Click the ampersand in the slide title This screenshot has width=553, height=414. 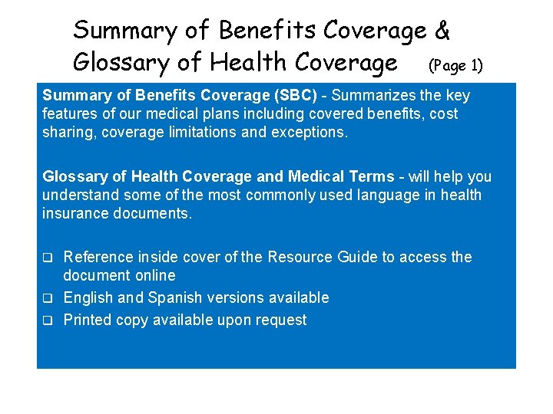[x=442, y=31]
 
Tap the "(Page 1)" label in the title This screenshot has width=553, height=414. [x=455, y=65]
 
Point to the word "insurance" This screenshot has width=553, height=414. [x=75, y=213]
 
